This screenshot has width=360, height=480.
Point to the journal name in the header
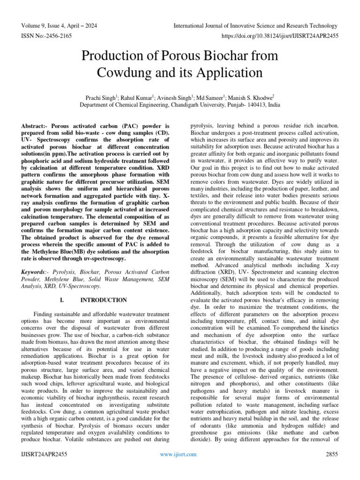255,26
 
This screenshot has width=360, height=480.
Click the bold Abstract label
35,127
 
